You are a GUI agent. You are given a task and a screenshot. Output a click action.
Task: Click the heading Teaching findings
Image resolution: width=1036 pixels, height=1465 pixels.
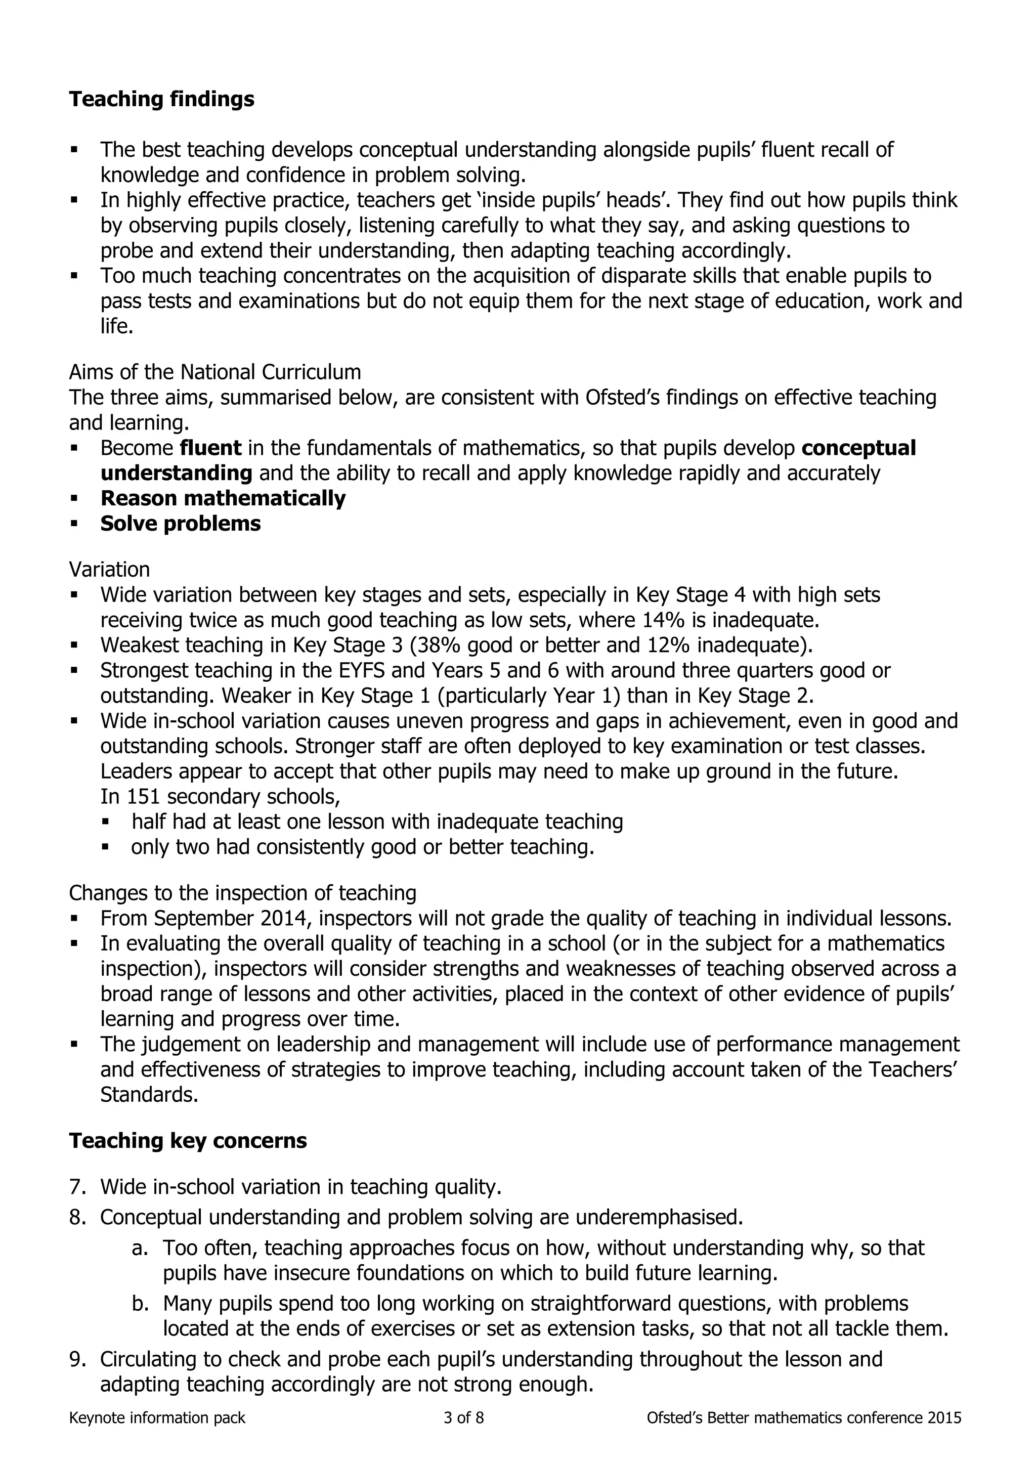(x=161, y=99)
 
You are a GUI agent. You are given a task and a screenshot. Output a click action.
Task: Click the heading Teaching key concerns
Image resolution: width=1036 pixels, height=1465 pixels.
(x=188, y=1140)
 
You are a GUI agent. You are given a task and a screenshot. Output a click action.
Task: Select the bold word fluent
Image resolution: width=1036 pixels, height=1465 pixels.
(x=210, y=448)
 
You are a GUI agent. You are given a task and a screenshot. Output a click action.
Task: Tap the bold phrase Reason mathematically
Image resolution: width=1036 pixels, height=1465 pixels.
(x=223, y=498)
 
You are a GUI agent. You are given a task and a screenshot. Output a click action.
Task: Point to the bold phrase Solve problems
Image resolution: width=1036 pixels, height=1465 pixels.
(x=181, y=523)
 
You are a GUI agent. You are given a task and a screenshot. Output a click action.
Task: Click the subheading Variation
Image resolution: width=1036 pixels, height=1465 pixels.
(x=109, y=569)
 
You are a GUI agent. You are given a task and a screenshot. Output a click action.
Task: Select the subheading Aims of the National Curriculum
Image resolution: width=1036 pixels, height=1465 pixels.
(x=214, y=371)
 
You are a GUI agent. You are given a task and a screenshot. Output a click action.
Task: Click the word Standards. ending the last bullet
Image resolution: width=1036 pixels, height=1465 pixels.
(x=149, y=1095)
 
